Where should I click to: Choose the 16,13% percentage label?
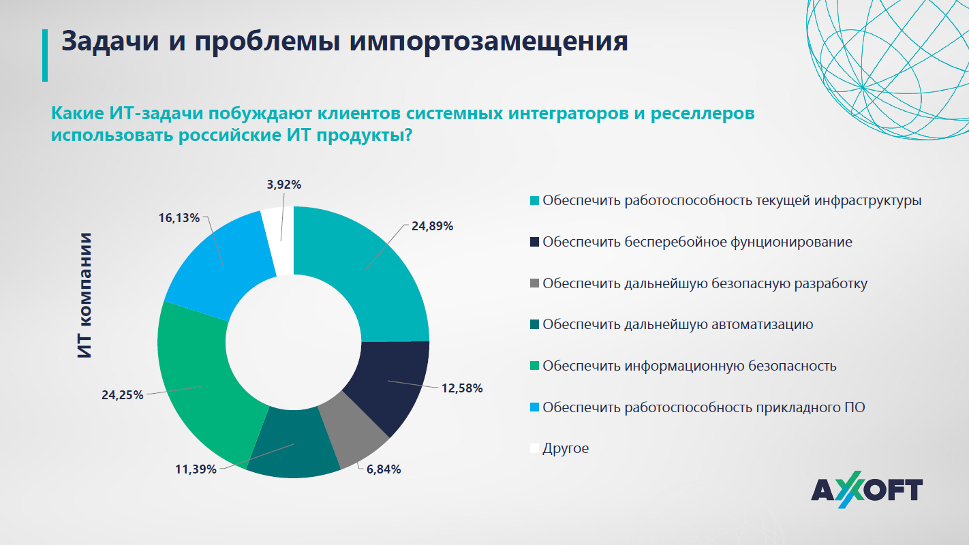pyautogui.click(x=179, y=218)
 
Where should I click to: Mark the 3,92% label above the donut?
pyautogui.click(x=280, y=184)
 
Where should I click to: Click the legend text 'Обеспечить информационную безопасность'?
pyautogui.click(x=689, y=366)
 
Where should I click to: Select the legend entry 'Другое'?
pyautogui.click(x=566, y=448)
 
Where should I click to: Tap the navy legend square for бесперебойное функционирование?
pyautogui.click(x=535, y=242)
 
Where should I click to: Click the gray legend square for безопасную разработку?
pyautogui.click(x=535, y=283)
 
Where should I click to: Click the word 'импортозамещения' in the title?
pyautogui.click(x=488, y=41)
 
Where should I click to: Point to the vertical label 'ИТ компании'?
pyautogui.click(x=84, y=296)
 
